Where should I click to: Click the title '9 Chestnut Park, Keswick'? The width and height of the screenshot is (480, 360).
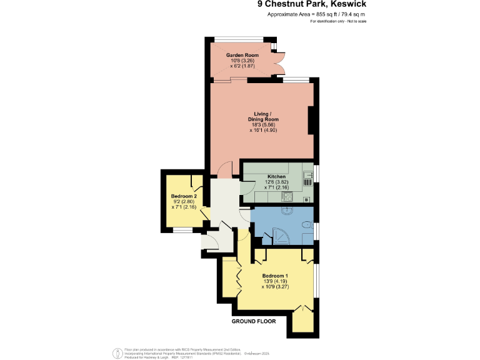point(312,4)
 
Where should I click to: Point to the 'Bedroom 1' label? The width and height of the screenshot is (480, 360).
point(275,276)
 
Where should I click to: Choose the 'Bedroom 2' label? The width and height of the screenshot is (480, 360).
point(184,196)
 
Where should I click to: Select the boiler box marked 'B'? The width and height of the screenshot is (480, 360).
point(307,199)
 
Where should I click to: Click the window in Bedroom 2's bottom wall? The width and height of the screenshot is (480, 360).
point(182,231)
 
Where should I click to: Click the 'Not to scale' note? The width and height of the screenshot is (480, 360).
point(354,21)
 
